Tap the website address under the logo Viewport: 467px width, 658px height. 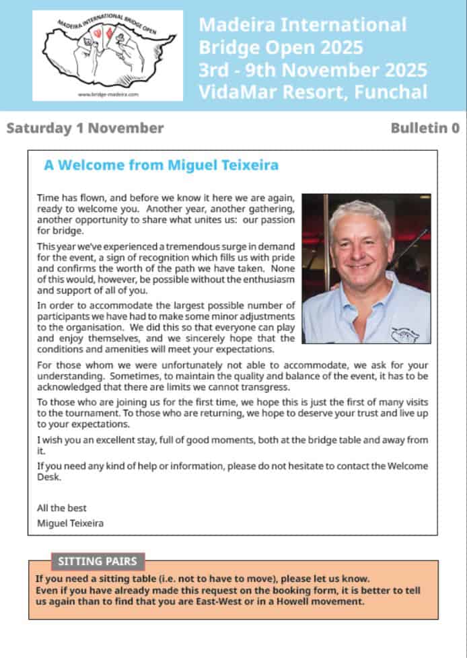(x=108, y=95)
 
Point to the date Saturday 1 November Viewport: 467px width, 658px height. (x=85, y=128)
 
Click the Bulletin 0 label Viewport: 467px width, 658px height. (x=425, y=128)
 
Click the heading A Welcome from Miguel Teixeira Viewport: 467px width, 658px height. (x=161, y=166)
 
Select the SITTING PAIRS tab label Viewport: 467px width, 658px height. (x=98, y=561)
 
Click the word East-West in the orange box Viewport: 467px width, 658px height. (x=230, y=601)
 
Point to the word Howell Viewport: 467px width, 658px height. (x=290, y=601)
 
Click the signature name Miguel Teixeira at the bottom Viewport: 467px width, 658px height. (x=71, y=523)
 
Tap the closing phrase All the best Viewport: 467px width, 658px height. (x=62, y=508)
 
